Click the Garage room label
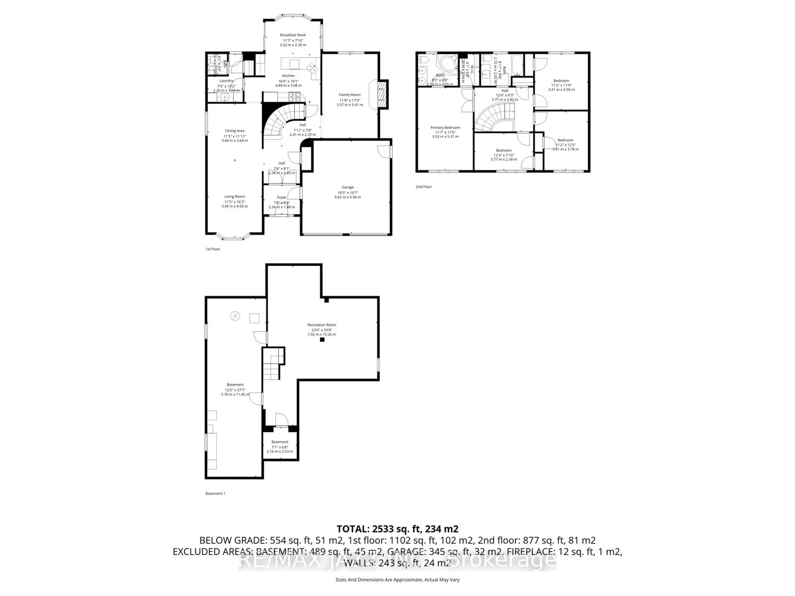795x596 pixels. (x=348, y=187)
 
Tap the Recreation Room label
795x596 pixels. (x=322, y=325)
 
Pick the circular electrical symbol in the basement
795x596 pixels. (x=235, y=316)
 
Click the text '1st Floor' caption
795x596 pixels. (x=213, y=249)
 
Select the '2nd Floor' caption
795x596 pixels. (x=424, y=187)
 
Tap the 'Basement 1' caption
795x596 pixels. (x=215, y=493)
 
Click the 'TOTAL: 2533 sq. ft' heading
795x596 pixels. (x=397, y=529)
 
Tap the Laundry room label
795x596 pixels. (x=226, y=81)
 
